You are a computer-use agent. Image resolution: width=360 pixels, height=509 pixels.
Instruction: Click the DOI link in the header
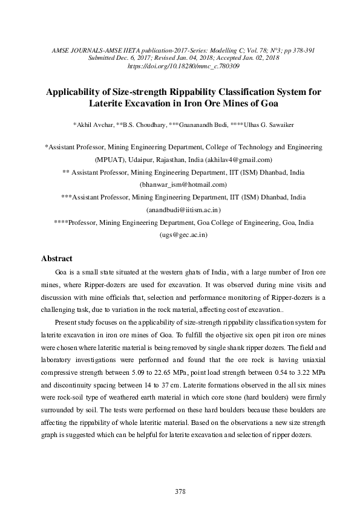[180, 65]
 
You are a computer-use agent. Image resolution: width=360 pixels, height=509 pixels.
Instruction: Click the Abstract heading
[56, 259]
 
